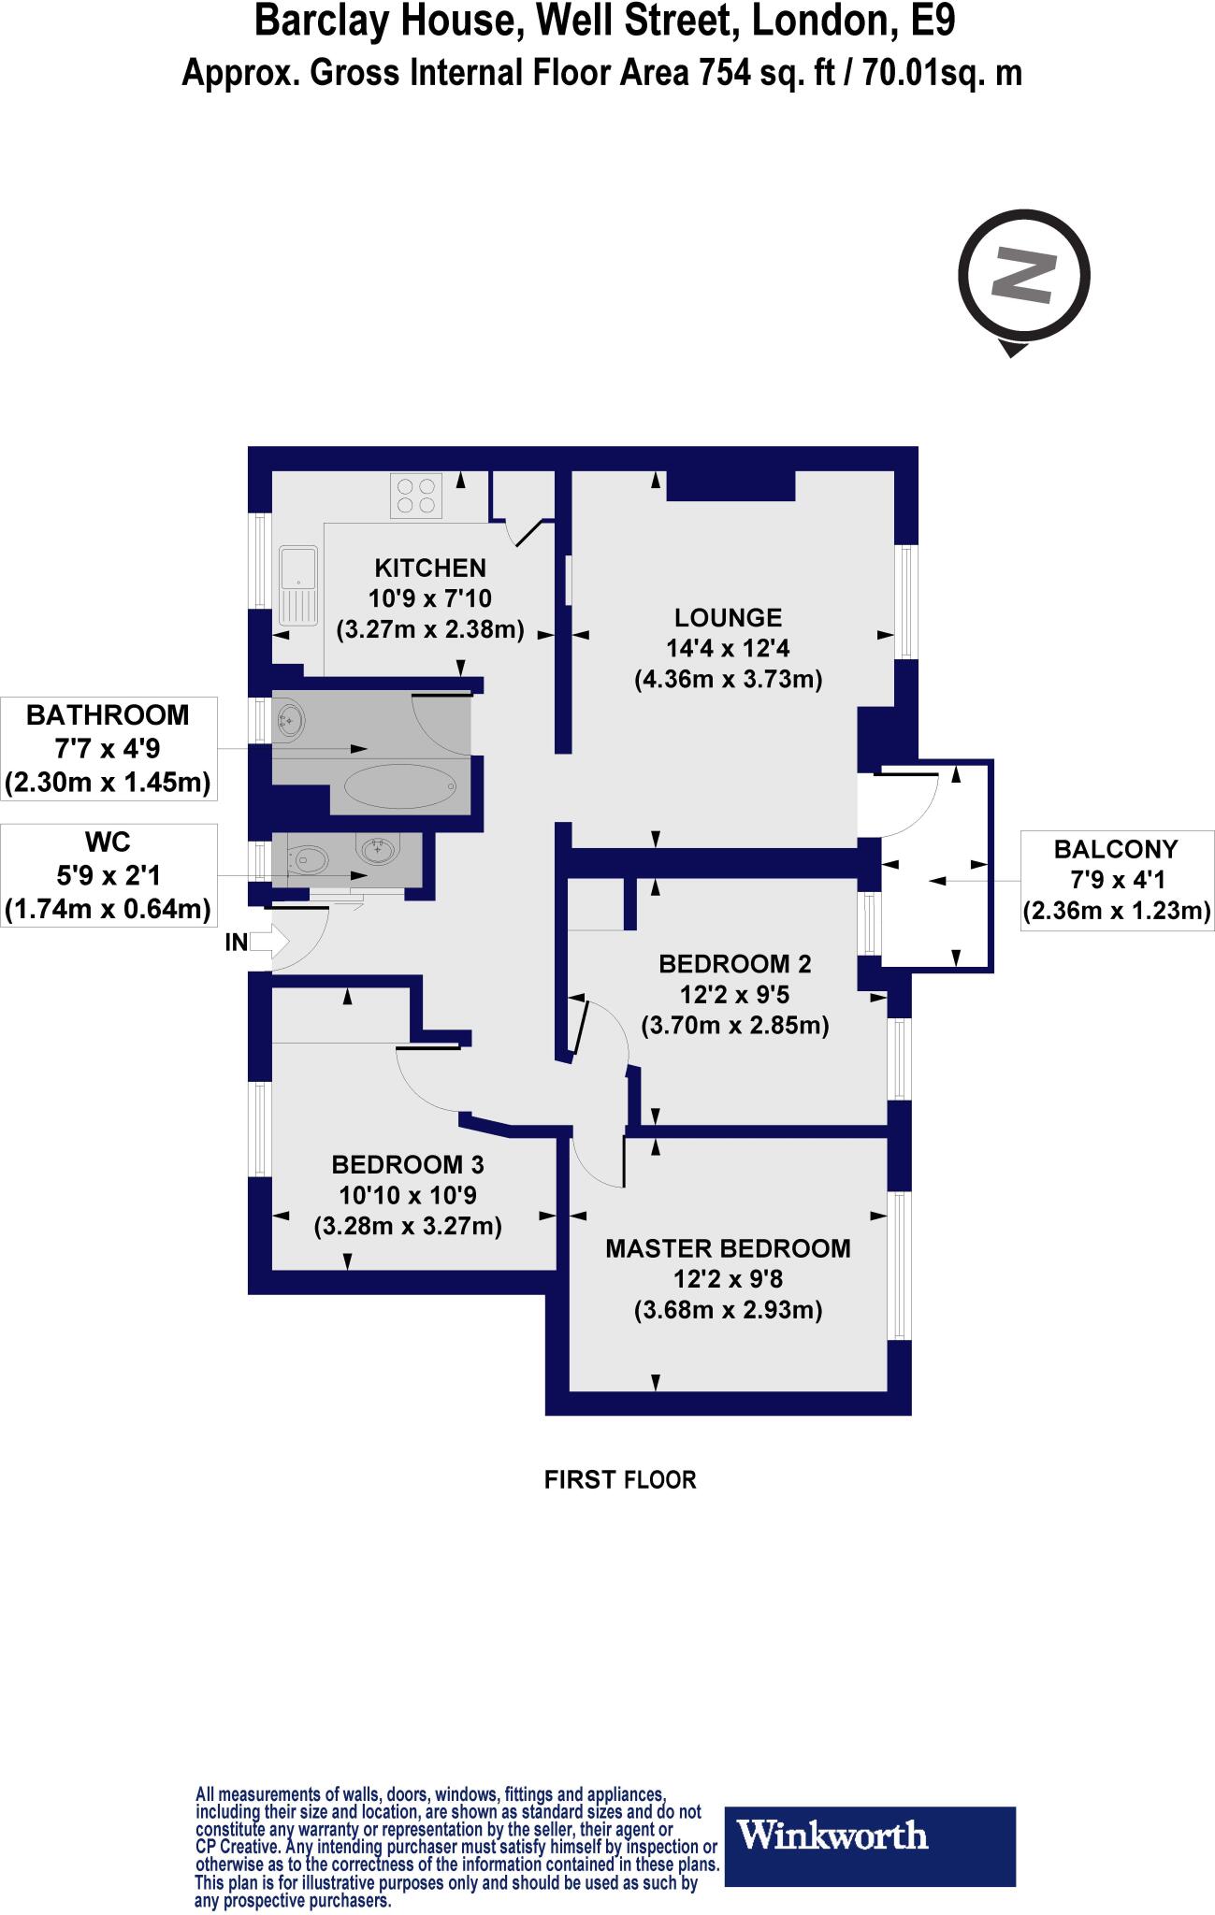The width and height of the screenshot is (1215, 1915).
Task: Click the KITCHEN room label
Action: [430, 568]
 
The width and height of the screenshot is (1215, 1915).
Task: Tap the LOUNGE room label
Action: [728, 617]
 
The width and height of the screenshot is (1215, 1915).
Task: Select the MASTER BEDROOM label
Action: [728, 1248]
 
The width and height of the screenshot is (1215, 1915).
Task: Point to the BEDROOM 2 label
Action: [734, 964]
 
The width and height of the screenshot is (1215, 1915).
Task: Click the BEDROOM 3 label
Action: [407, 1165]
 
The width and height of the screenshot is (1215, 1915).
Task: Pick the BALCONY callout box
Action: [1116, 879]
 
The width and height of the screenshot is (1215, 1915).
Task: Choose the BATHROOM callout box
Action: [108, 748]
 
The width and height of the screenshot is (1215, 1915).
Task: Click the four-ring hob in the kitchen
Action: [417, 496]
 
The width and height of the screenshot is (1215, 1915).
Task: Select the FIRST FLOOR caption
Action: [620, 1480]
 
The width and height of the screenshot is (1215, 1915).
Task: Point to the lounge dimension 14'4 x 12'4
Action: [728, 648]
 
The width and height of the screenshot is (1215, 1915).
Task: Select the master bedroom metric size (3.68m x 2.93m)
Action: [728, 1310]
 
